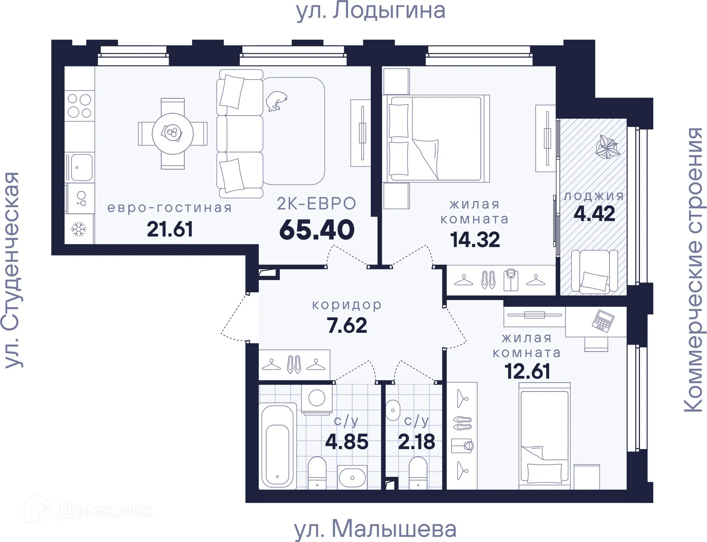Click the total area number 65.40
click(317, 230)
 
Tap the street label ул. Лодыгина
click(371, 11)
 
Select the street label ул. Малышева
click(375, 529)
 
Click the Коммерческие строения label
click(694, 270)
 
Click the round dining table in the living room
click(173, 133)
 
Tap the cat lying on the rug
click(276, 101)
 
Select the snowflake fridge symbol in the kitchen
click(78, 229)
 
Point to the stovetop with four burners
click(80, 105)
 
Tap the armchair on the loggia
click(594, 272)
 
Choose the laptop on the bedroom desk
click(603, 321)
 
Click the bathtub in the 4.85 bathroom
click(278, 446)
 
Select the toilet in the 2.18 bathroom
click(418, 473)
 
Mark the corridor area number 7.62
click(347, 325)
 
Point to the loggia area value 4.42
click(594, 214)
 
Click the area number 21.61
click(170, 229)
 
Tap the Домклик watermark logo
click(88, 511)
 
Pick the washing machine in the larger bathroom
click(317, 398)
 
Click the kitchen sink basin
click(82, 167)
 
